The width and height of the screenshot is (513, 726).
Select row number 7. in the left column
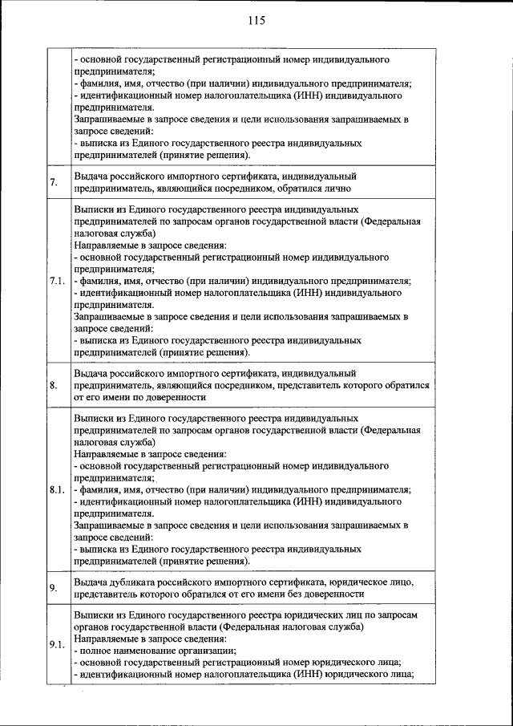(x=54, y=183)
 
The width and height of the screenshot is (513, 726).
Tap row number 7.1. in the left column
(x=56, y=281)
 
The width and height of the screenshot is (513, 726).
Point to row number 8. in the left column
(x=54, y=386)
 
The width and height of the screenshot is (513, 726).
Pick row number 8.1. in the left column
(x=56, y=490)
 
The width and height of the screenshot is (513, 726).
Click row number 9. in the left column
(x=54, y=588)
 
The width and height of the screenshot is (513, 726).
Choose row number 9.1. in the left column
(x=56, y=646)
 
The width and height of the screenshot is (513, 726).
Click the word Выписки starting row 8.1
(x=95, y=419)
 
